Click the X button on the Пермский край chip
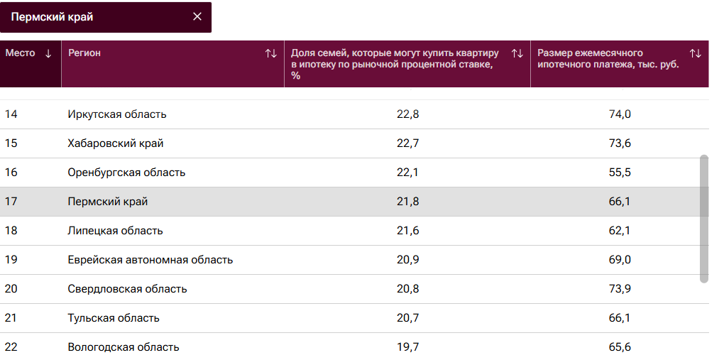(197, 17)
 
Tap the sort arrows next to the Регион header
(270, 53)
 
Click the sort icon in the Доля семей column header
(517, 53)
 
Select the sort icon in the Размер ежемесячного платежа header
(695, 53)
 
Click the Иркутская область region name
(117, 114)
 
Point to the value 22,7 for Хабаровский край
(407, 143)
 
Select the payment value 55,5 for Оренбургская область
(620, 173)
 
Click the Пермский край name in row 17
(108, 202)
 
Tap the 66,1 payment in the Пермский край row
(620, 202)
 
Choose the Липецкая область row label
(115, 231)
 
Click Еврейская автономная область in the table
(150, 260)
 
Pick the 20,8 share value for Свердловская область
(407, 289)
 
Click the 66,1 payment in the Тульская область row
(620, 318)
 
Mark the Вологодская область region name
(124, 347)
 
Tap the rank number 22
(11, 347)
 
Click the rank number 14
(11, 114)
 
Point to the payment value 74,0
(620, 114)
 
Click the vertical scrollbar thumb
(703, 218)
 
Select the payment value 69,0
(620, 260)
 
